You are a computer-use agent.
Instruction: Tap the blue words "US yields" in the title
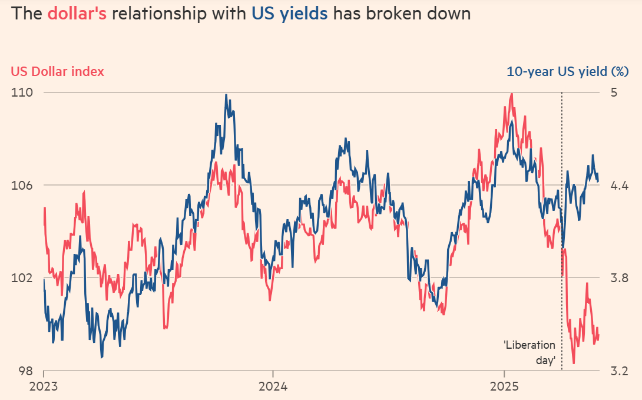click(x=290, y=14)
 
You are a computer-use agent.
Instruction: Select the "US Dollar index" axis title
click(x=58, y=71)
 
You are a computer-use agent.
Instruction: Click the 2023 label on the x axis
click(x=44, y=386)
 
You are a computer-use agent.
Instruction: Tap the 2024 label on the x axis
click(x=272, y=386)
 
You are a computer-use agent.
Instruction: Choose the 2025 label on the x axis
click(x=504, y=386)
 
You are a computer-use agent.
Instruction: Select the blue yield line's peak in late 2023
click(x=226, y=95)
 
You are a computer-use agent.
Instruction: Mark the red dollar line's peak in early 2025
click(x=511, y=94)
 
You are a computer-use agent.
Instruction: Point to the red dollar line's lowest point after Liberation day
click(x=574, y=363)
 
